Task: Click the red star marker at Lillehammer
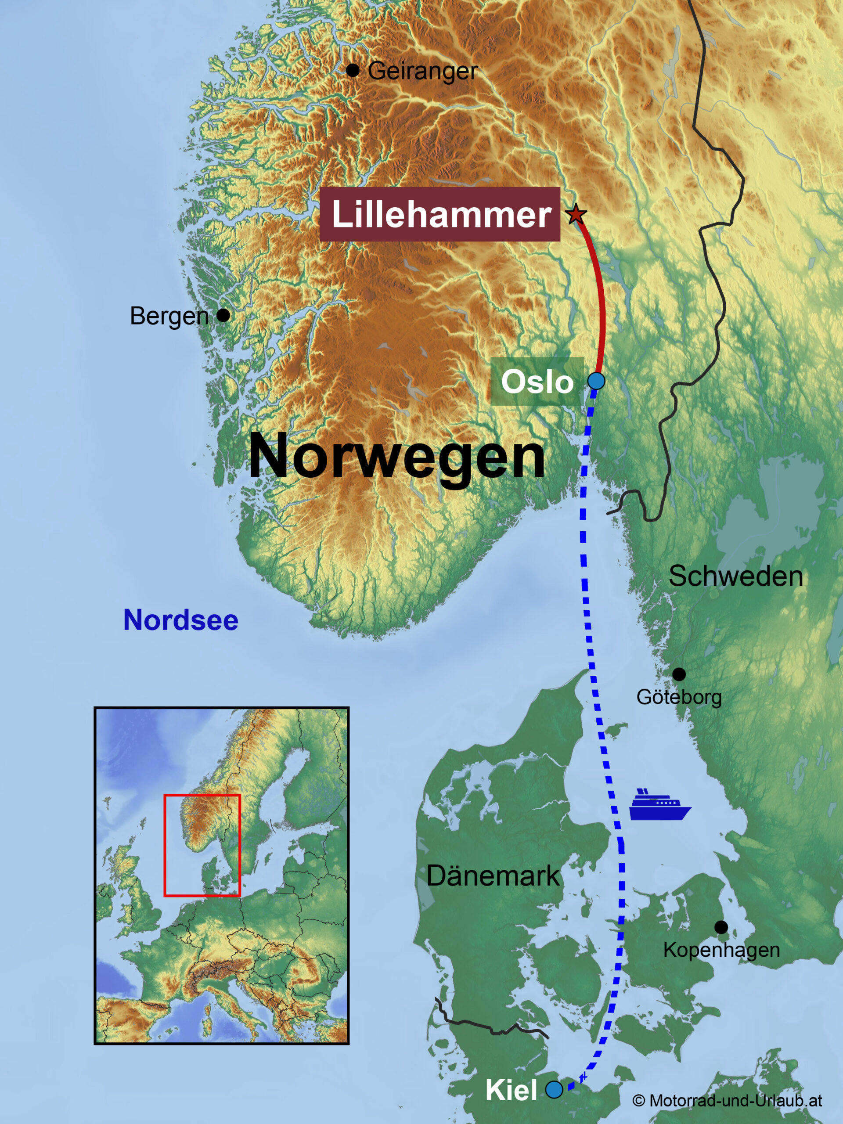click(575, 214)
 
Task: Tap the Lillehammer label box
click(440, 214)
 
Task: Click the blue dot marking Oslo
click(596, 381)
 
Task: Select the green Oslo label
click(537, 382)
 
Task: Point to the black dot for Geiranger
click(353, 70)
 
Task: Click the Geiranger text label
click(423, 71)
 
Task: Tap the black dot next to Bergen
click(223, 316)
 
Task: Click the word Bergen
click(169, 316)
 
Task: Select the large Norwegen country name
click(397, 456)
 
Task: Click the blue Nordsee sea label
click(181, 620)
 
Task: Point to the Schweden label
click(735, 576)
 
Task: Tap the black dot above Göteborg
click(679, 674)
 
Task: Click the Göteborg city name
click(679, 697)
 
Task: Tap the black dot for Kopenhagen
click(721, 927)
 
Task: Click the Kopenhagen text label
click(721, 950)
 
